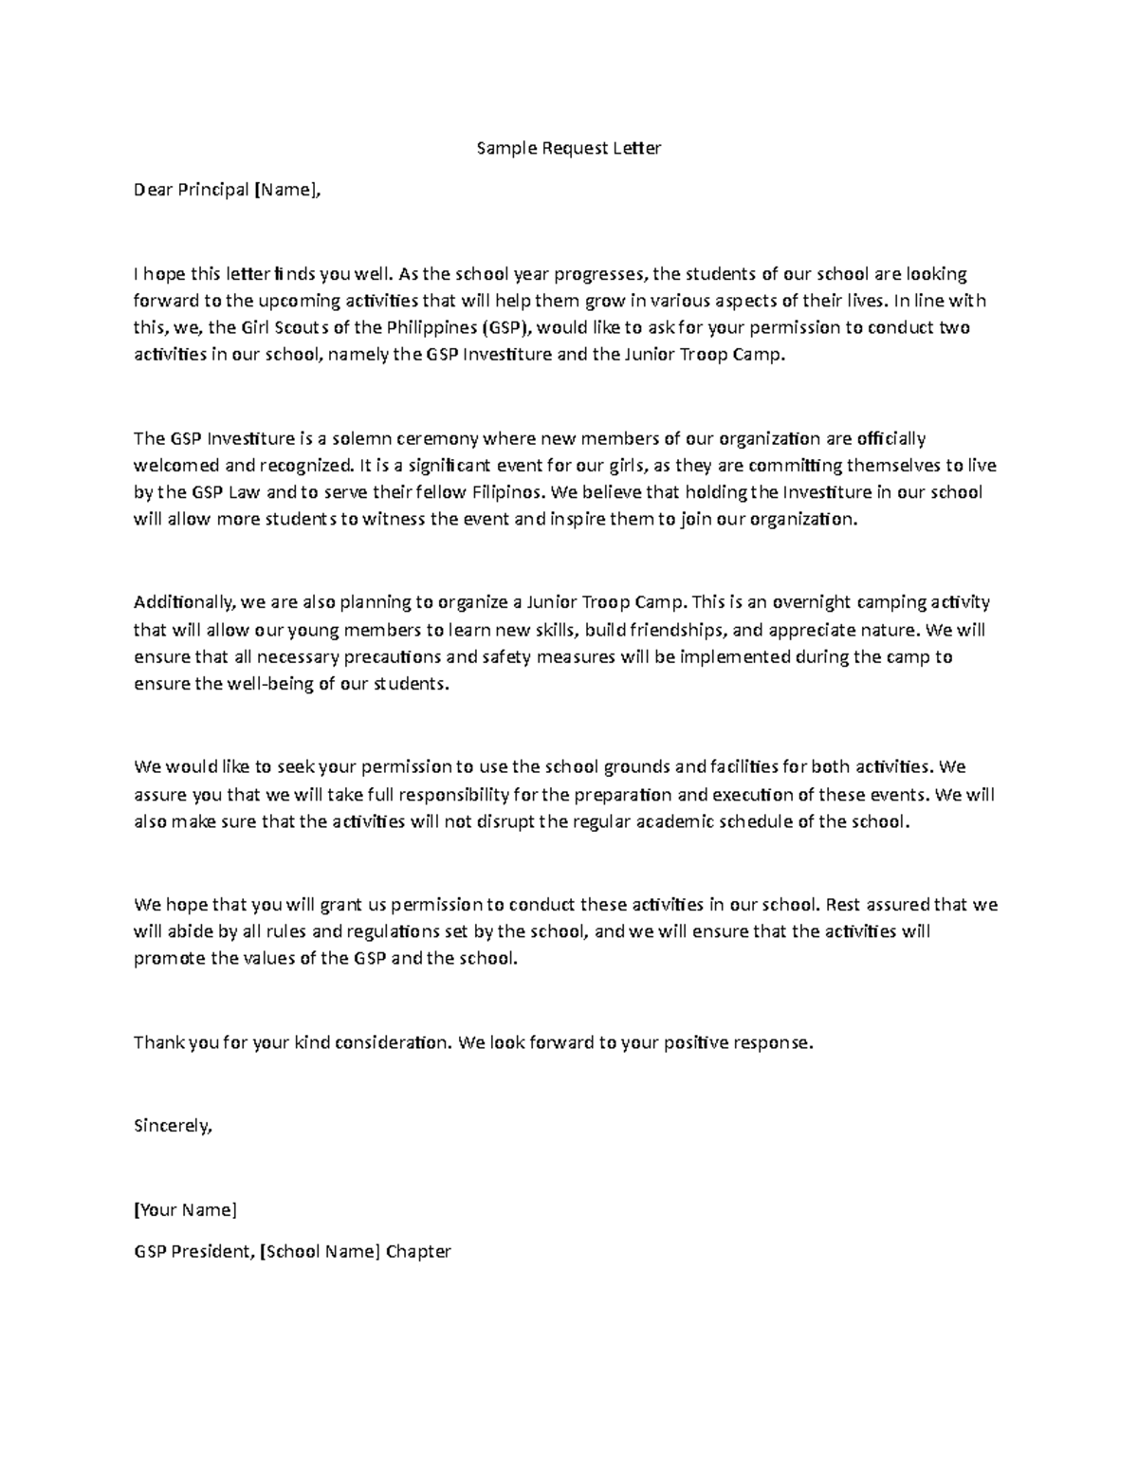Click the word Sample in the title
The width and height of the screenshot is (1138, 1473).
(505, 148)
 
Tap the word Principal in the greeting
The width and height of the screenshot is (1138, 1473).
(214, 190)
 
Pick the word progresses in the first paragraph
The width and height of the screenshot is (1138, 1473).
(600, 274)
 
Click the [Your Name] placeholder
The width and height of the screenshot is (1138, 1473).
(185, 1209)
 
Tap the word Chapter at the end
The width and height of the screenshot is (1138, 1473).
(418, 1251)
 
